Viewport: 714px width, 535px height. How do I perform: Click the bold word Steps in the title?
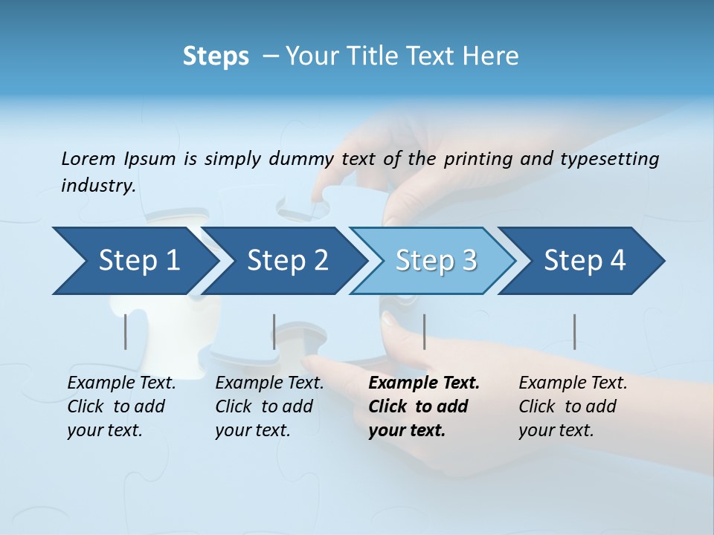click(216, 56)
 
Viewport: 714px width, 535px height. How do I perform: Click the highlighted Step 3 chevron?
click(436, 261)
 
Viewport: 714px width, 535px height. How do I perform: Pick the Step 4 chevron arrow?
click(585, 261)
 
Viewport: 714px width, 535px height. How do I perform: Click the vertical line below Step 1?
click(126, 331)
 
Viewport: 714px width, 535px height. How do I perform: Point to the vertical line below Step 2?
click(274, 331)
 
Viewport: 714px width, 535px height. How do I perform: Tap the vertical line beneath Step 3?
click(424, 331)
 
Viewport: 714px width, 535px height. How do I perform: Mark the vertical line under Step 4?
click(574, 331)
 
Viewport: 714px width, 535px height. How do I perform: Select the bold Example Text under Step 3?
click(424, 406)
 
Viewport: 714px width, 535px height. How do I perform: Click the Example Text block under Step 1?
click(121, 406)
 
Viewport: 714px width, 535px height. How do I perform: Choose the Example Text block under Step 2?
click(269, 406)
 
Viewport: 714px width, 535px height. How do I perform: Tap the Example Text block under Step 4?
click(573, 406)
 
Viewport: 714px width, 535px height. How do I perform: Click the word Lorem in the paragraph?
click(89, 159)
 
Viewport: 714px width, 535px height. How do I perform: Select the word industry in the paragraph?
click(97, 186)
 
